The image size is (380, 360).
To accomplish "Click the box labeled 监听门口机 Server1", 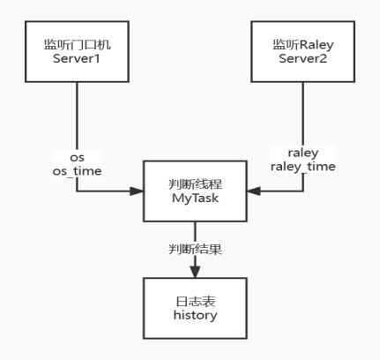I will [77, 50].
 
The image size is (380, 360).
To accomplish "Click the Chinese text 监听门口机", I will [77, 42].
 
